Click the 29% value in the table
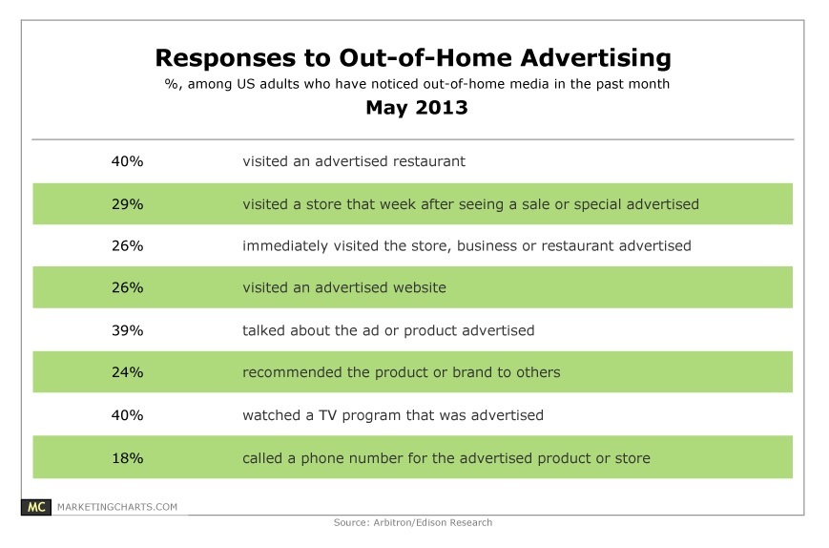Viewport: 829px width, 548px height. [128, 204]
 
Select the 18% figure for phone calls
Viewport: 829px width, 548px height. [128, 458]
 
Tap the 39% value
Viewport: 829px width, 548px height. [128, 330]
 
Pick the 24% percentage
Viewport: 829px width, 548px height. [128, 372]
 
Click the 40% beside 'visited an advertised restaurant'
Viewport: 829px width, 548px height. [128, 161]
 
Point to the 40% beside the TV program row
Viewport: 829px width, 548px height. [128, 415]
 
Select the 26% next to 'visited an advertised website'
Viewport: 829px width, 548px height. [128, 287]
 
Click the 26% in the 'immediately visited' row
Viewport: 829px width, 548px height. [128, 246]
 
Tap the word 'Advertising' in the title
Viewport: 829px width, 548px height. [596, 58]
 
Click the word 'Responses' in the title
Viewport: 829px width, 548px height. [225, 58]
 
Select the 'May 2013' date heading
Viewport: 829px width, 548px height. [417, 107]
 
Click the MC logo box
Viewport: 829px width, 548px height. [36, 507]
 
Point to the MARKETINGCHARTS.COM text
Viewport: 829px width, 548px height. [117, 507]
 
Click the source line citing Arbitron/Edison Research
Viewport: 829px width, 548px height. [413, 522]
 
